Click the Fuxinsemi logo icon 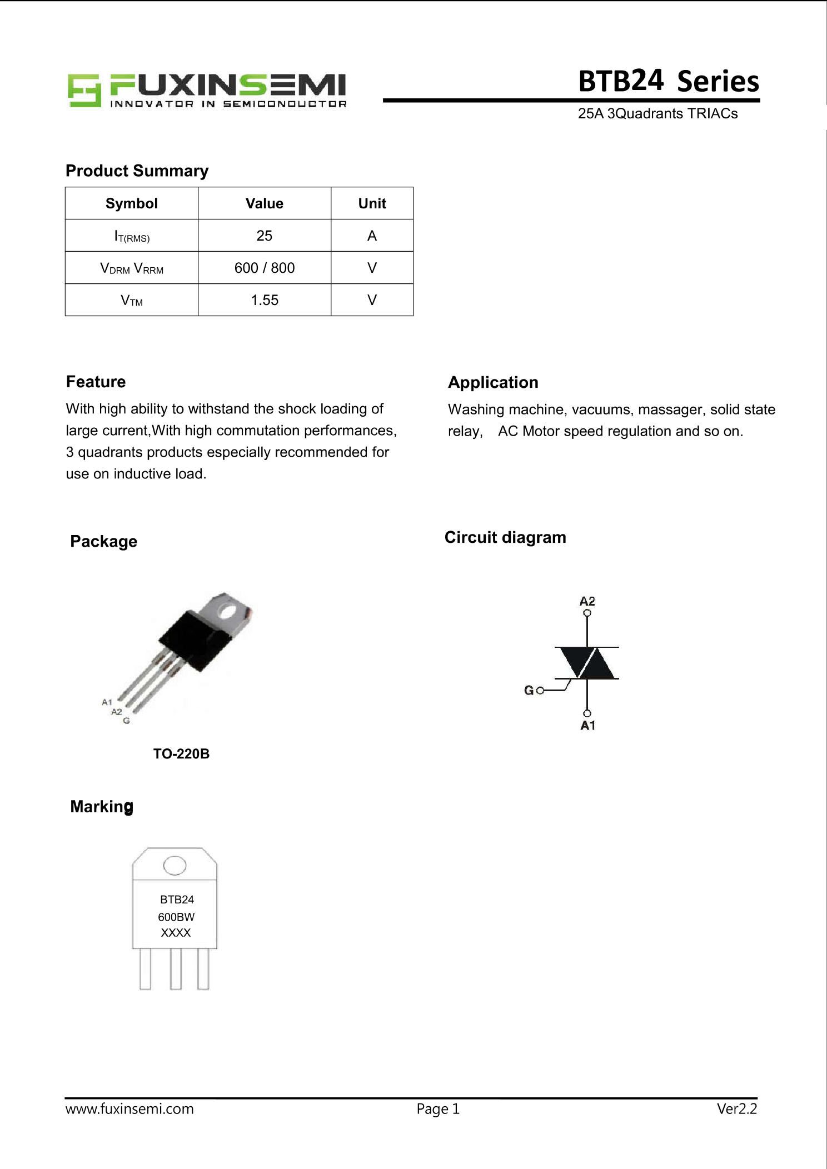(x=84, y=90)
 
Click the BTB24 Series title (x=668, y=81)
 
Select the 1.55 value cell (x=265, y=300)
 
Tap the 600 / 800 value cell (x=265, y=268)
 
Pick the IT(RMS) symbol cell (x=132, y=236)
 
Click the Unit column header (x=372, y=203)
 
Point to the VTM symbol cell (x=132, y=301)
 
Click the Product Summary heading (x=137, y=171)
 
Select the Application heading (x=493, y=382)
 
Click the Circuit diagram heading (x=505, y=537)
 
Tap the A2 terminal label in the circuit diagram (x=587, y=601)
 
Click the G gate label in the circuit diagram (x=529, y=691)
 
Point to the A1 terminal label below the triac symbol (x=587, y=726)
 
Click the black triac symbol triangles (x=587, y=663)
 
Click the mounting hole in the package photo (x=227, y=611)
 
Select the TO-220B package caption (x=181, y=754)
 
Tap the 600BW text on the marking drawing (x=176, y=917)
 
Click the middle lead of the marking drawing (x=176, y=968)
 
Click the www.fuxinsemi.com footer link (x=129, y=1109)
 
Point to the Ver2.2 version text (x=736, y=1109)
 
